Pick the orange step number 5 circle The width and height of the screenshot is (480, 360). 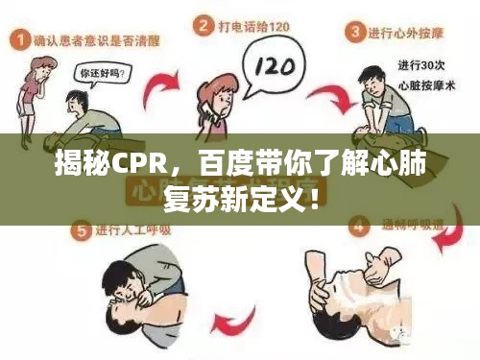[79, 230]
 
